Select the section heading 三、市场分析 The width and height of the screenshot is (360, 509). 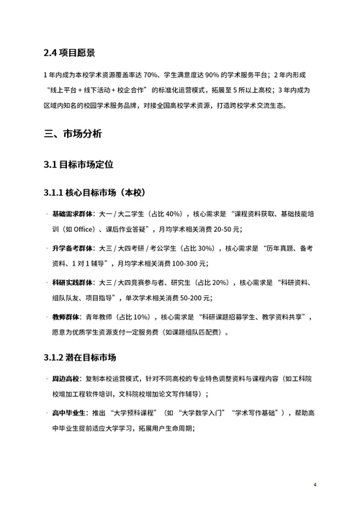pyautogui.click(x=73, y=134)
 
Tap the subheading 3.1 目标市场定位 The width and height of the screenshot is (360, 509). pyautogui.click(x=78, y=165)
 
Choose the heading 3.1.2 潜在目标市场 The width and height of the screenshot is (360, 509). pyautogui.click(x=80, y=357)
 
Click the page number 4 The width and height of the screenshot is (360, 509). pyautogui.click(x=315, y=485)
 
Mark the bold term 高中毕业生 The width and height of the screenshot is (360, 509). pyautogui.click(x=70, y=412)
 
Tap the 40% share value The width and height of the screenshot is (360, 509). pyautogui.click(x=173, y=215)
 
